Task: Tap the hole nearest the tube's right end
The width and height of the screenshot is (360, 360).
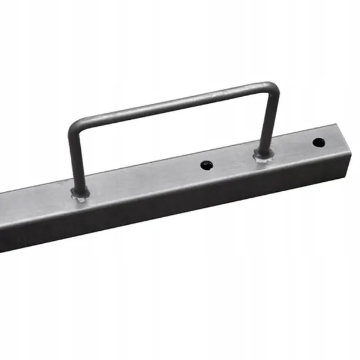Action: click(x=318, y=142)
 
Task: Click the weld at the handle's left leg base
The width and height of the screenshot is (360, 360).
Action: click(x=80, y=193)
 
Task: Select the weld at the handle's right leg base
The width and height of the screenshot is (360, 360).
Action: click(x=263, y=155)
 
